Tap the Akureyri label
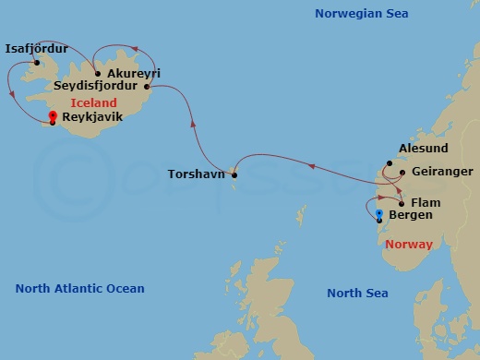pyautogui.click(x=133, y=72)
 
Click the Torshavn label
pyautogui.click(x=197, y=174)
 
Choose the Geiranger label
pyautogui.click(x=442, y=172)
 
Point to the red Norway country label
pyautogui.click(x=410, y=245)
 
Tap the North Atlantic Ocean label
pyautogui.click(x=80, y=289)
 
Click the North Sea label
pyautogui.click(x=357, y=293)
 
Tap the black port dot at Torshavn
pyautogui.click(x=234, y=174)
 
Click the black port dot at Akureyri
pyautogui.click(x=98, y=73)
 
